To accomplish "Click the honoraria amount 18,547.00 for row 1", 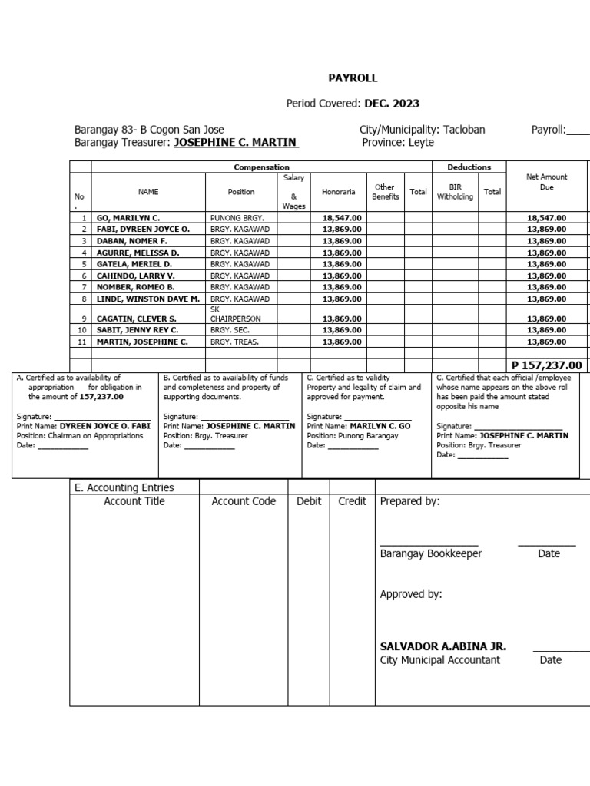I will point(342,218).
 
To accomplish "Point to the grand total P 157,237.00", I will point(546,365).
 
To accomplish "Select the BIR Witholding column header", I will point(456,191).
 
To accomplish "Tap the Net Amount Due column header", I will point(546,182).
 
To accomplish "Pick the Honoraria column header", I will point(338,192).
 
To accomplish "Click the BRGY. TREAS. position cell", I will point(234,342).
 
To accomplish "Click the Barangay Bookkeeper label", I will point(431,553).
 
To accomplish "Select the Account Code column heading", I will point(244,501).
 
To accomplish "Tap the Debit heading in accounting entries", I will point(309,501).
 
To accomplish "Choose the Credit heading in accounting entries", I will point(352,501).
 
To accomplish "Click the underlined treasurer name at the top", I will point(237,143).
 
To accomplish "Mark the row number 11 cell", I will point(82,342).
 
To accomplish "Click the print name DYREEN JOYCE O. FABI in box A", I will point(105,426).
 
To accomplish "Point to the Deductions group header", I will point(469,167).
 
